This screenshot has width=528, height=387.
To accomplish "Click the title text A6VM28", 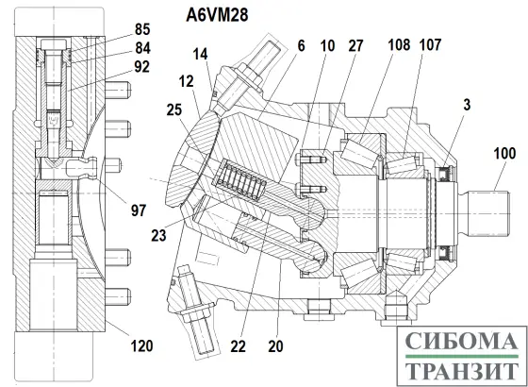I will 223,14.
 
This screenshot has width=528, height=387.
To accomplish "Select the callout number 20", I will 274,345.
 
